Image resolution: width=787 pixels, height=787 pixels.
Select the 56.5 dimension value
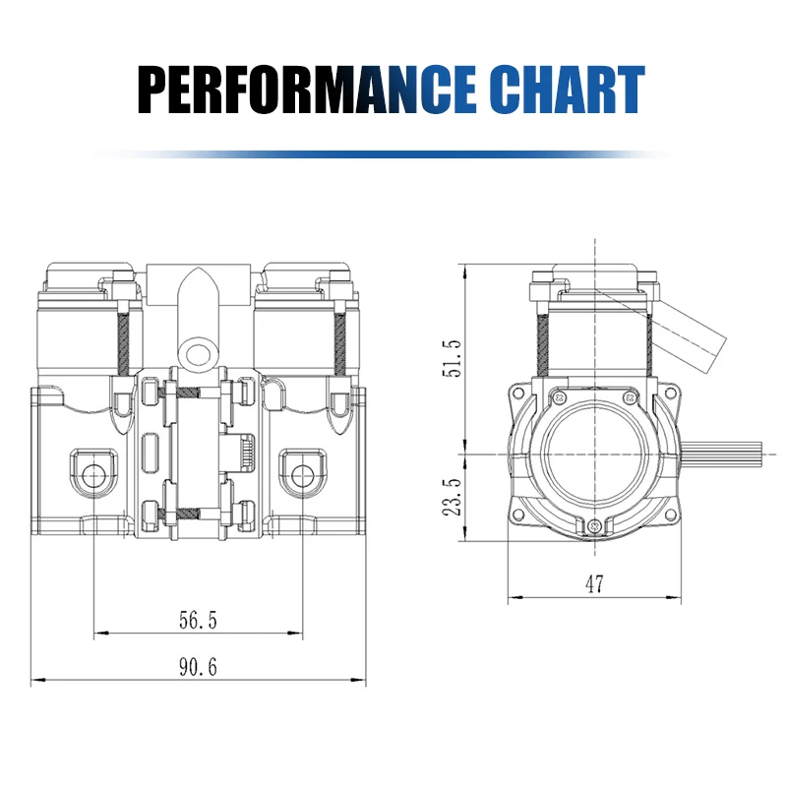(197, 620)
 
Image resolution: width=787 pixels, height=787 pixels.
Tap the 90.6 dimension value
(197, 667)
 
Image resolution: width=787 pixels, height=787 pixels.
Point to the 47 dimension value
(594, 583)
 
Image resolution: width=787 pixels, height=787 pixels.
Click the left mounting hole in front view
(93, 475)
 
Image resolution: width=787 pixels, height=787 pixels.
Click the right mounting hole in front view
(302, 475)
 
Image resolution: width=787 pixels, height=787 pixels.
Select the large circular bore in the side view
(594, 454)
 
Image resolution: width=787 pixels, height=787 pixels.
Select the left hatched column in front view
(124, 339)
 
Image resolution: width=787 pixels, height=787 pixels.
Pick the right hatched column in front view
(340, 339)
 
